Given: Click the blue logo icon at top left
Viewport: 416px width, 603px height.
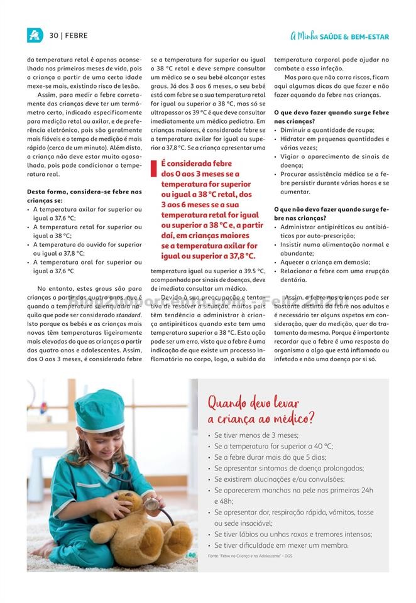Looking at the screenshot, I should (35, 36).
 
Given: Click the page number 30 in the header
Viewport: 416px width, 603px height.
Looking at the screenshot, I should (54, 36).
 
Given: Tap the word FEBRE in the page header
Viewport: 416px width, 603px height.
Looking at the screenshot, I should (76, 36).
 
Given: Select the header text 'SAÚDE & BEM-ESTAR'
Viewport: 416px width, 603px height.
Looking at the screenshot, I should (354, 37).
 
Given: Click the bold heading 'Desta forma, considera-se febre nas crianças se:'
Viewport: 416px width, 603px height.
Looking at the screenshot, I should (84, 195).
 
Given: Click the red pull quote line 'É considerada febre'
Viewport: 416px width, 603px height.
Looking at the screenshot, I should (196, 163).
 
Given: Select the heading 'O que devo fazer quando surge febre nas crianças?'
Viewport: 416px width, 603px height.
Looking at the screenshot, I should (331, 116).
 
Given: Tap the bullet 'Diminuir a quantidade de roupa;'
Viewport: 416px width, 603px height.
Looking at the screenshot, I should (327, 130).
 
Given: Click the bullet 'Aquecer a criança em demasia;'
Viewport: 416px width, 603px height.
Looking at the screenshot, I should (325, 262).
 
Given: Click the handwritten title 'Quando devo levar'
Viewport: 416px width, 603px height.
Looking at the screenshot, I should (253, 403).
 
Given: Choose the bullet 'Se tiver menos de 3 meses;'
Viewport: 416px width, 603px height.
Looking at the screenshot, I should (256, 435).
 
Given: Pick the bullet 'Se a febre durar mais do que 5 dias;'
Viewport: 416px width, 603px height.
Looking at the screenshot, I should (270, 457).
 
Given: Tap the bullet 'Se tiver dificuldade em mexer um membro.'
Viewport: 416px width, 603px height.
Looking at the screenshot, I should (281, 545).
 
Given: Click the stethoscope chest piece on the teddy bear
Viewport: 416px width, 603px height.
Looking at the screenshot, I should (151, 503).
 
